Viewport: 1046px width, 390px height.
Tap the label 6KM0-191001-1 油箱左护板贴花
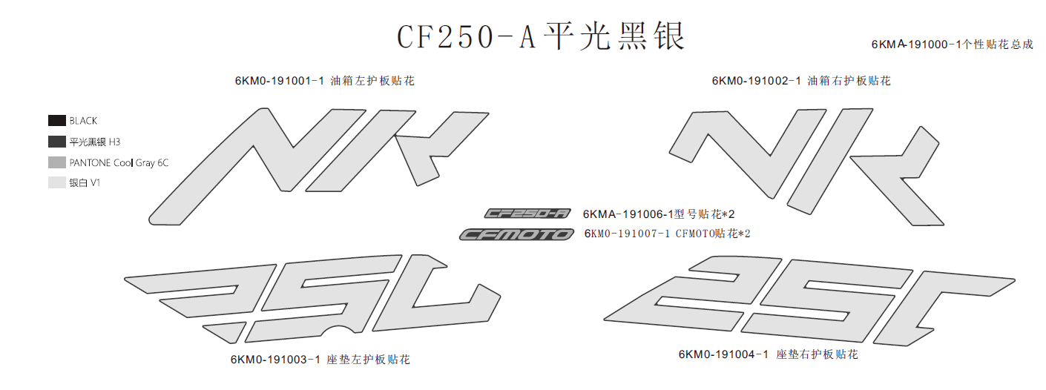click(324, 81)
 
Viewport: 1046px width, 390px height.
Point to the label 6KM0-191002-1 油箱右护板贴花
click(800, 81)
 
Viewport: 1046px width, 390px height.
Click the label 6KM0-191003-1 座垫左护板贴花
click(320, 360)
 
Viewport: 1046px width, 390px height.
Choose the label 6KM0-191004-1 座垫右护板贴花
click(768, 354)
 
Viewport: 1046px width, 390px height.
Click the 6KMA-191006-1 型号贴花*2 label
click(658, 214)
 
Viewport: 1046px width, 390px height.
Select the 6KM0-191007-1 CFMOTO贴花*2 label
click(667, 234)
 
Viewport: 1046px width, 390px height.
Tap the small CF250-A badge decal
click(527, 214)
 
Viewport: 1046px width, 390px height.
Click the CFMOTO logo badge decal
click(516, 234)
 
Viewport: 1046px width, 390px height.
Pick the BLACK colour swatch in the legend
click(57, 120)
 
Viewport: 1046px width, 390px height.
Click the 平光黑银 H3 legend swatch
click(57, 141)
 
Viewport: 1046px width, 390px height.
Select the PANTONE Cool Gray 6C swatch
click(57, 162)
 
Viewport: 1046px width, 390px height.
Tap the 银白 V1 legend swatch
click(57, 182)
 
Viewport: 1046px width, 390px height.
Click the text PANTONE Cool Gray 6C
click(119, 162)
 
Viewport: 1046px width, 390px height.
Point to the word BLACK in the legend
click(83, 121)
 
